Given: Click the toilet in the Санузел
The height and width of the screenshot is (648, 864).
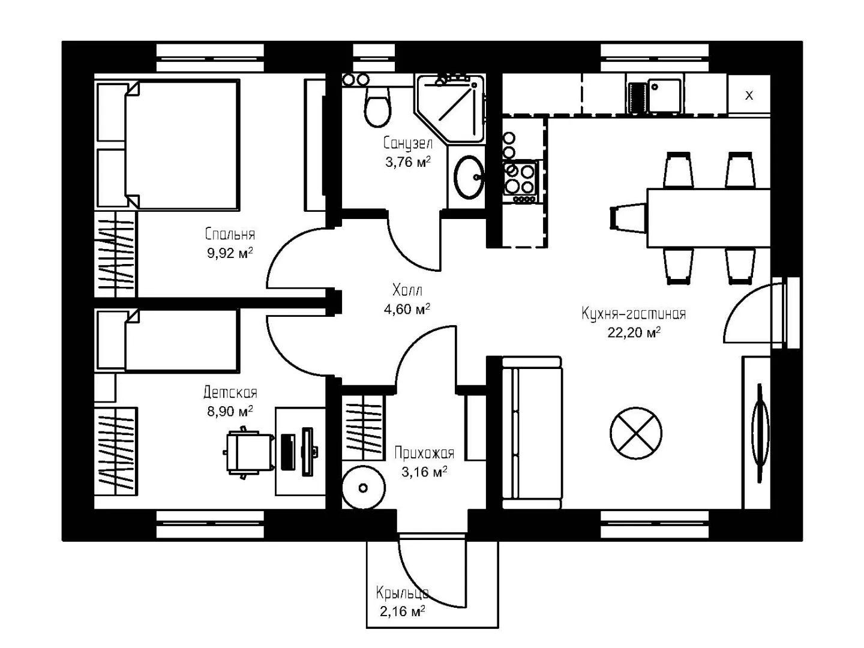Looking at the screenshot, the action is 377,106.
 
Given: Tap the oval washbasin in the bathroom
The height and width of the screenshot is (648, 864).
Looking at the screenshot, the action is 469,177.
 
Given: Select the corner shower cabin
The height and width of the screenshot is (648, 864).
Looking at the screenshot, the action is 449,108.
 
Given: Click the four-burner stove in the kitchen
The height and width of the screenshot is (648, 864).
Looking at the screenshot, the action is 520,181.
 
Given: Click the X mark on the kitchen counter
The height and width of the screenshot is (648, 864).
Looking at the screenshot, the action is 749,95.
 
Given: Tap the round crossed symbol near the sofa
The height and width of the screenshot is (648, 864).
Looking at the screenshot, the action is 635,433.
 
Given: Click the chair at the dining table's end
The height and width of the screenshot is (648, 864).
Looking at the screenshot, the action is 628,218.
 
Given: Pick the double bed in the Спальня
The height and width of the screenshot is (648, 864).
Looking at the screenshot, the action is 168,145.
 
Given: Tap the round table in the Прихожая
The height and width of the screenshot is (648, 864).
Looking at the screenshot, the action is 364,488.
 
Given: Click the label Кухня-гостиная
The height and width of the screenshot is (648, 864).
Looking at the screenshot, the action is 634,314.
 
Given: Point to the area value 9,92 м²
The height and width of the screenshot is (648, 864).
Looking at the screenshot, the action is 230,253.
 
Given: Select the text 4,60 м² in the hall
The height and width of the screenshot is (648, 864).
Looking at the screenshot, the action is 407,309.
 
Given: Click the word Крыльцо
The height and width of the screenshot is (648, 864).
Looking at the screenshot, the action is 402,593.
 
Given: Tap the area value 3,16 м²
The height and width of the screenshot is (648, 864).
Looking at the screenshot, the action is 424,472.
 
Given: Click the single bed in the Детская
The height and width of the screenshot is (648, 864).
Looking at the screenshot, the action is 168,341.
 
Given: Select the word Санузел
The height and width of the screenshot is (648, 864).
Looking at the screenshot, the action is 408,143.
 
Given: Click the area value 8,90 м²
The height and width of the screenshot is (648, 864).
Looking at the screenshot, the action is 230,412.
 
